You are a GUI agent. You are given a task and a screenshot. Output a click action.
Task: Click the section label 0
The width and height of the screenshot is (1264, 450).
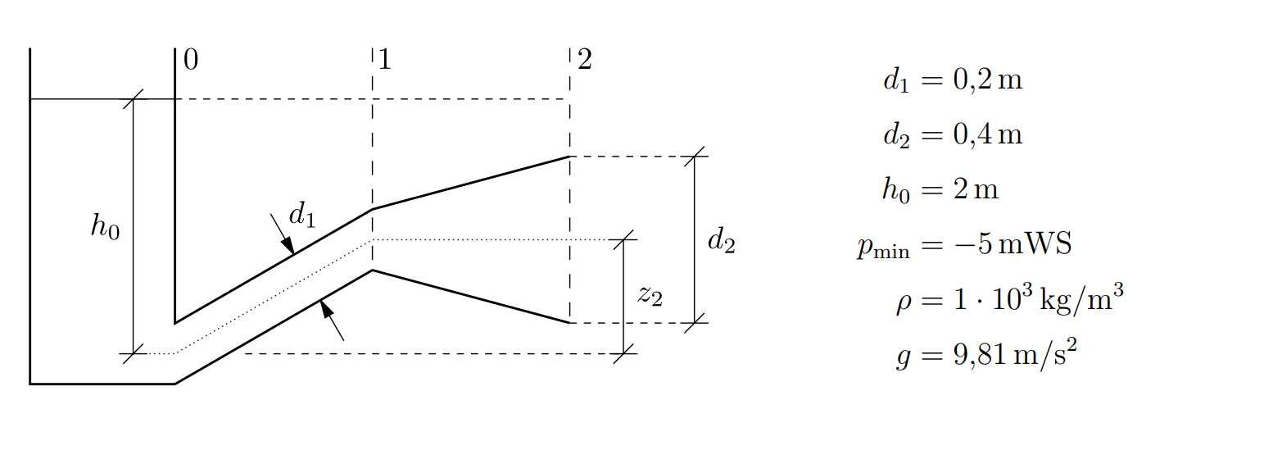coord(191,60)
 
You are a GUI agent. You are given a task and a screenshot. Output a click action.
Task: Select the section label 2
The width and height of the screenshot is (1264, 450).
coord(584,60)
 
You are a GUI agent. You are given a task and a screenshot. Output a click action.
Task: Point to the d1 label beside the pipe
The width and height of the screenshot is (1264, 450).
coord(301,216)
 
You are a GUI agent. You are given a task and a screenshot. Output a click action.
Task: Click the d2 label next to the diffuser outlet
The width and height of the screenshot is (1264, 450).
coord(721,241)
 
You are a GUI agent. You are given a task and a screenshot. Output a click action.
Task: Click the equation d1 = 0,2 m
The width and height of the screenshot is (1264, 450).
coord(953,81)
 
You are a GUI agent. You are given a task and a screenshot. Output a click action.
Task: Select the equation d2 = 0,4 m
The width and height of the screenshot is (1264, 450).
coord(953,134)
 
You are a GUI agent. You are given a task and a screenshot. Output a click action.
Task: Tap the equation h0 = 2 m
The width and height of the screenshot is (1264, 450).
coord(940,190)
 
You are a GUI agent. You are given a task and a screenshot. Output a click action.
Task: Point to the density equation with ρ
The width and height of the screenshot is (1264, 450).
coord(1008,301)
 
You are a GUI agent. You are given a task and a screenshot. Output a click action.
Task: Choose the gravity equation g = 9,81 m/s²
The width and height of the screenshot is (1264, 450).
coord(985,357)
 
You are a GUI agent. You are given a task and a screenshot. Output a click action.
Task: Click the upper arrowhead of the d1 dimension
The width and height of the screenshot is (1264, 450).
coord(288,245)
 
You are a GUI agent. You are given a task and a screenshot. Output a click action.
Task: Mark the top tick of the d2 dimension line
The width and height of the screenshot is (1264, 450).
coord(695,156)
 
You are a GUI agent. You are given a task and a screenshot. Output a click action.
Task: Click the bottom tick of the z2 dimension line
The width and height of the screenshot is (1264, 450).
coord(624,354)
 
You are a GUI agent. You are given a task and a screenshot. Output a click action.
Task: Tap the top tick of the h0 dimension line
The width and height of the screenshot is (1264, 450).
coord(134,99)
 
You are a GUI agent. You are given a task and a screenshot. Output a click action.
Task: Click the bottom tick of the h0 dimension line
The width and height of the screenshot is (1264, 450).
coord(134,354)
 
